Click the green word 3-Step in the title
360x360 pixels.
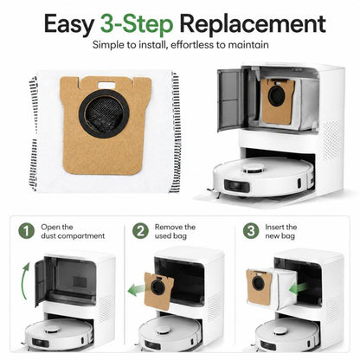[x=137, y=24]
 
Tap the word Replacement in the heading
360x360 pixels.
[x=253, y=23]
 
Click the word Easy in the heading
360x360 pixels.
[x=68, y=25]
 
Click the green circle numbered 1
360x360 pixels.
[x=26, y=231]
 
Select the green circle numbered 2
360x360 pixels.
[x=140, y=231]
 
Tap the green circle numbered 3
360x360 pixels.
[x=251, y=231]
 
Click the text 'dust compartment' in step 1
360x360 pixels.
[x=73, y=236]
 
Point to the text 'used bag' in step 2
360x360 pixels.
[x=170, y=236]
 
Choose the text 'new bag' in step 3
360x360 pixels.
[x=280, y=236]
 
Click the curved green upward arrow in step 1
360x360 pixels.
[x=24, y=281]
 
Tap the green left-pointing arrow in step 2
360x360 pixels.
[x=137, y=290]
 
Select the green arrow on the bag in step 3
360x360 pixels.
[x=298, y=289]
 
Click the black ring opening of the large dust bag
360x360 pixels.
[x=104, y=113]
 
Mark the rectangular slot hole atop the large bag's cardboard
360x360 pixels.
[x=106, y=85]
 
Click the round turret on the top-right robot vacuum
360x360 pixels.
[x=253, y=169]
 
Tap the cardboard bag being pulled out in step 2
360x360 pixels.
[x=158, y=291]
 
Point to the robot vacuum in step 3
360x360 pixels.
[x=287, y=335]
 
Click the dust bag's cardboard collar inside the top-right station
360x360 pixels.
[x=278, y=101]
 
